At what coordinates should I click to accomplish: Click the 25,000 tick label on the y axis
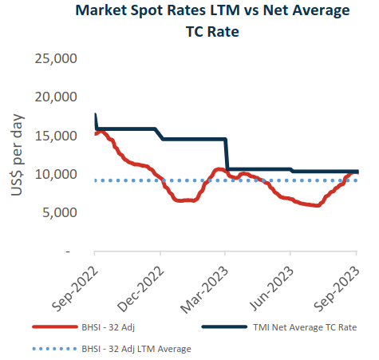[53, 59]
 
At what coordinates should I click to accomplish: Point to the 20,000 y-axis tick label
[53, 97]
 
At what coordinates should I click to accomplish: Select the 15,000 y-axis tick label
[53, 136]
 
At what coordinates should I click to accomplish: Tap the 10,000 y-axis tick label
[53, 174]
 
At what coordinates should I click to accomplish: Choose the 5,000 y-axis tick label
[57, 212]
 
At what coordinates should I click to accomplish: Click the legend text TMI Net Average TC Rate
[294, 326]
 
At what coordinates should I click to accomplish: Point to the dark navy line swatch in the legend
[224, 326]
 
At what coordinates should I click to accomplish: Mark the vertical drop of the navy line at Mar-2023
[227, 154]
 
